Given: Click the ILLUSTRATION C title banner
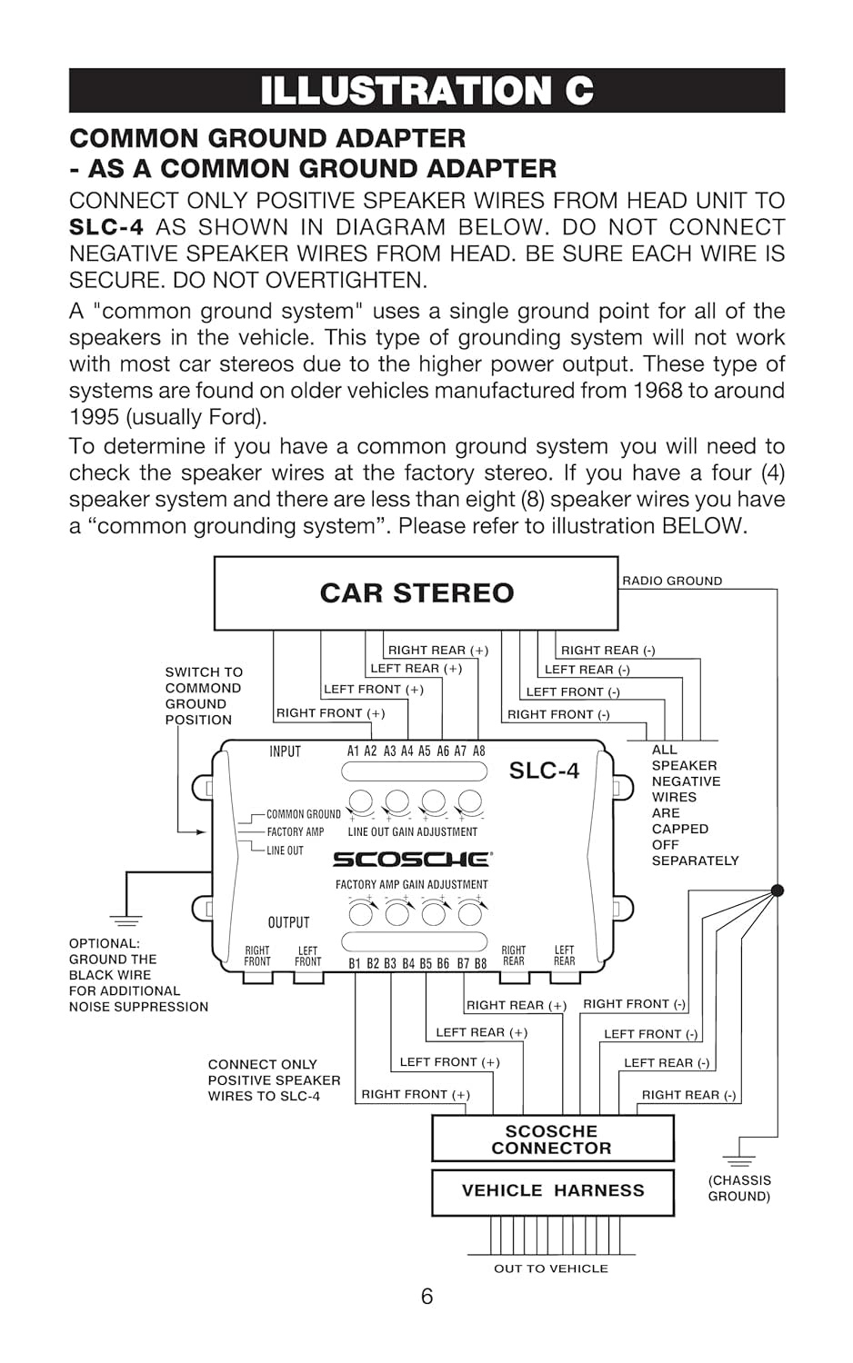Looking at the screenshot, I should pyautogui.click(x=426, y=91).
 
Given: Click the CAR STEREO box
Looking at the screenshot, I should pyautogui.click(x=416, y=593).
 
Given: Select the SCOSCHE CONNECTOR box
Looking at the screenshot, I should pyautogui.click(x=552, y=1139).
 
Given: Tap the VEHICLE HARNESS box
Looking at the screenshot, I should pyautogui.click(x=553, y=1190).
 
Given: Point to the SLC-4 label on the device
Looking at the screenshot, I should pyautogui.click(x=544, y=771).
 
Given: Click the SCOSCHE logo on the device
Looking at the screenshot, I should pyautogui.click(x=412, y=859).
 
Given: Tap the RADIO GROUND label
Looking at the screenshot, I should pyautogui.click(x=672, y=581).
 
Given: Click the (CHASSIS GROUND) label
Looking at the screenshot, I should pyautogui.click(x=739, y=1189).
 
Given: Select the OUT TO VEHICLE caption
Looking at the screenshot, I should pyautogui.click(x=550, y=1268).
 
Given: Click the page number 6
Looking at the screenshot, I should pyautogui.click(x=426, y=1297).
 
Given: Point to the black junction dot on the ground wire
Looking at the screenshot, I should pyautogui.click(x=777, y=890).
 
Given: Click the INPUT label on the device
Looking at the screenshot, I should pyautogui.click(x=285, y=751).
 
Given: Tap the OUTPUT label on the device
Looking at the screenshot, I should pyautogui.click(x=288, y=922).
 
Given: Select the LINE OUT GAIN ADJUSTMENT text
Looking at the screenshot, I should pyautogui.click(x=412, y=831).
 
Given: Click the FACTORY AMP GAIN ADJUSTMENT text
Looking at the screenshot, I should pyautogui.click(x=411, y=884).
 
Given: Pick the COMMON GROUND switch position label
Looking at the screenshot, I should pyautogui.click(x=303, y=814).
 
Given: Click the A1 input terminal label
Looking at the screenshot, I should pyautogui.click(x=354, y=751).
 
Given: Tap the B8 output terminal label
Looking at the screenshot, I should pyautogui.click(x=480, y=963).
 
